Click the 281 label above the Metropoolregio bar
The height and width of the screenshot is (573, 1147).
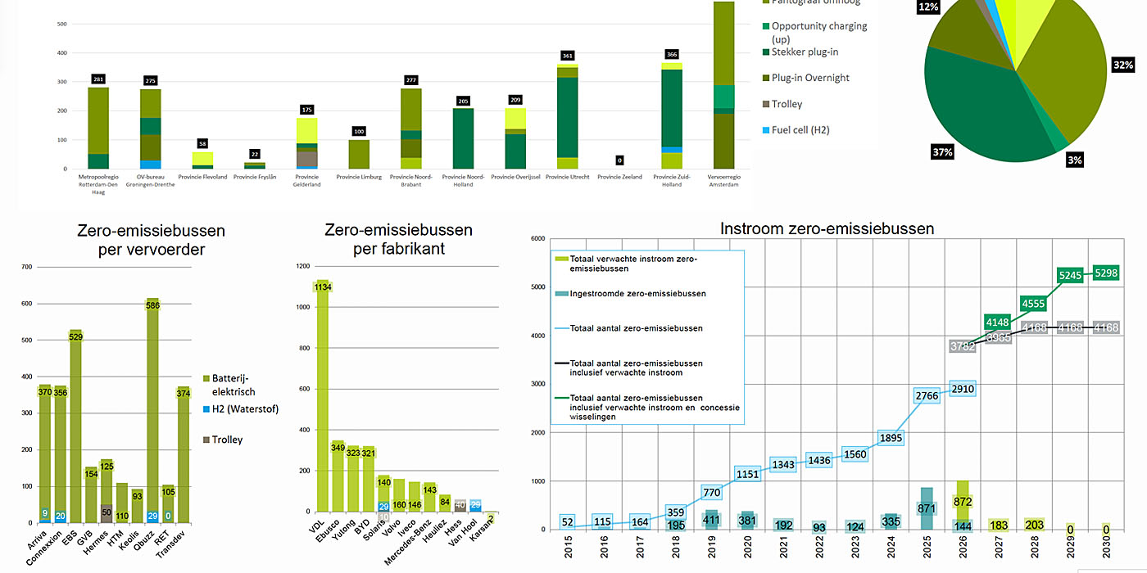(98, 79)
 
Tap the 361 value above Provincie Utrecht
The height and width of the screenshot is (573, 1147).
(567, 56)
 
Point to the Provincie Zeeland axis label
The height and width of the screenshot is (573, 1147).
(619, 177)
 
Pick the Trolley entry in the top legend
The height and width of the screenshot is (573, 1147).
(786, 104)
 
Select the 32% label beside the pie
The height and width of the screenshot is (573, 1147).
(1122, 65)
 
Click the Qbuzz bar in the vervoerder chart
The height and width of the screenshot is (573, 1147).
(152, 409)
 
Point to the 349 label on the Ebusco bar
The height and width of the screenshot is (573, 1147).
(338, 447)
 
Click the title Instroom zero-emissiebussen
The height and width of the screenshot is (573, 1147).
(827, 229)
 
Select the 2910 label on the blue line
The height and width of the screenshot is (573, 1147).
(963, 389)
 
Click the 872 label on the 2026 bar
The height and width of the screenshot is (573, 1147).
(963, 500)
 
